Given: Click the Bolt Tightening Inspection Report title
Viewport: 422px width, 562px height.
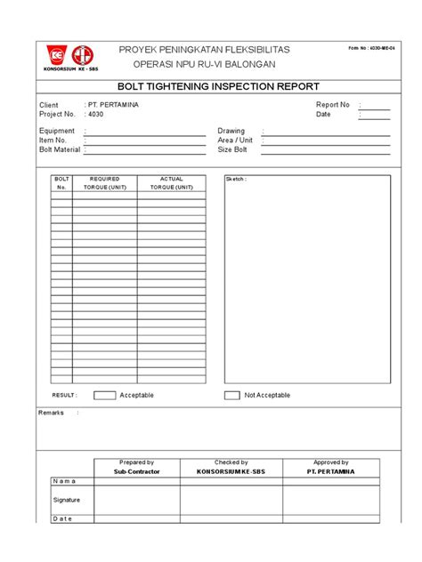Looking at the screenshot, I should click(x=211, y=87).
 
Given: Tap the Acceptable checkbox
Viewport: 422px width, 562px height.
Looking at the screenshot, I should click(x=104, y=395).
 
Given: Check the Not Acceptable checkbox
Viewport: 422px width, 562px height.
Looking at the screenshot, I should click(x=231, y=395).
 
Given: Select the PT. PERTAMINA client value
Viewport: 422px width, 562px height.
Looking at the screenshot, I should click(x=112, y=105).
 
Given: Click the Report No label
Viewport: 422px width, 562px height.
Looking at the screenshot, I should click(x=333, y=105).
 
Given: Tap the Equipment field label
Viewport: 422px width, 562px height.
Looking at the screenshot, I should click(x=57, y=131).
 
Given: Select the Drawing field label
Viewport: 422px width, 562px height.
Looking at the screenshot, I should click(x=231, y=131).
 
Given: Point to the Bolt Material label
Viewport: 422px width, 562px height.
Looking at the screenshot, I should click(x=60, y=149).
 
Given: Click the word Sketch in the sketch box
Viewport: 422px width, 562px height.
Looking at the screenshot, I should click(x=236, y=180).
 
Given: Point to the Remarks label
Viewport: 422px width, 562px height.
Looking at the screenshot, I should click(x=52, y=413).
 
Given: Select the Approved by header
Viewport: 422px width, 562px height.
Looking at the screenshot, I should click(x=330, y=462).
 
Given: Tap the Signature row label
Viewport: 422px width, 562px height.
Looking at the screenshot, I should click(x=68, y=500).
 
